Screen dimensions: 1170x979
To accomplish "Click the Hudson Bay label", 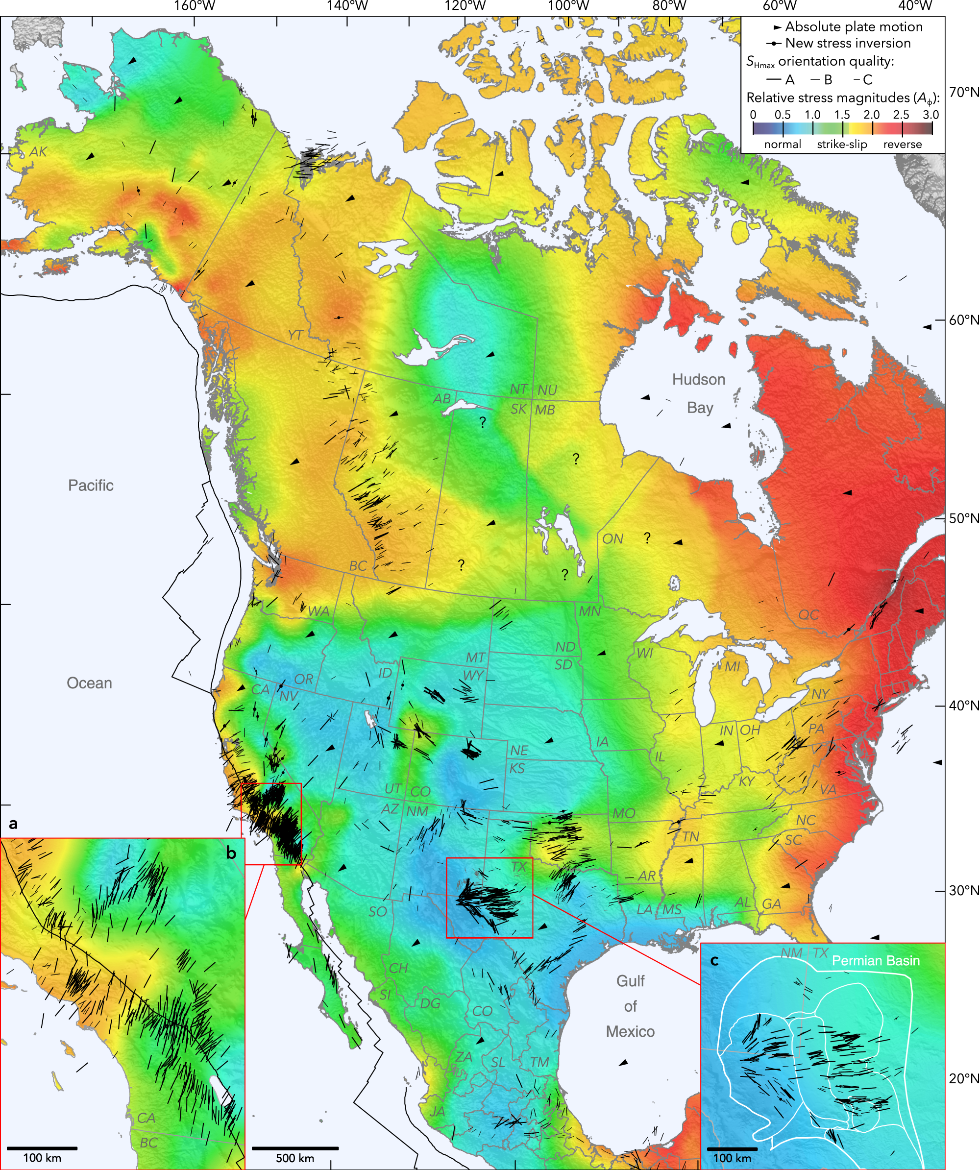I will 699,393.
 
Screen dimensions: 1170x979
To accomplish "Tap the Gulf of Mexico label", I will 630,1006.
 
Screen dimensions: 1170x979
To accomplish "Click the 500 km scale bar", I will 295,1148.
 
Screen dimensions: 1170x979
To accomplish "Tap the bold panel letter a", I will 13,824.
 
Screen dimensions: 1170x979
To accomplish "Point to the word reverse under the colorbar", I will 902,145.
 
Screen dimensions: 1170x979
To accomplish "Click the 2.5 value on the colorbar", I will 901,115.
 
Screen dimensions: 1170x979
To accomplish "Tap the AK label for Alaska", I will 38,151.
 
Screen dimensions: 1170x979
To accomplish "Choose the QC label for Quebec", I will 808,614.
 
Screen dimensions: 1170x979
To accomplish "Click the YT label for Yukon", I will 295,335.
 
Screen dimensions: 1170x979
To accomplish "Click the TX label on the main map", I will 519,867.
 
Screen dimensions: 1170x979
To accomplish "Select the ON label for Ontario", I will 612,539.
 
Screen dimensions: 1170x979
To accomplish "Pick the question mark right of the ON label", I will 647,538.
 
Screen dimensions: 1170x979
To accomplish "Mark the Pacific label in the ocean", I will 91,485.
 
